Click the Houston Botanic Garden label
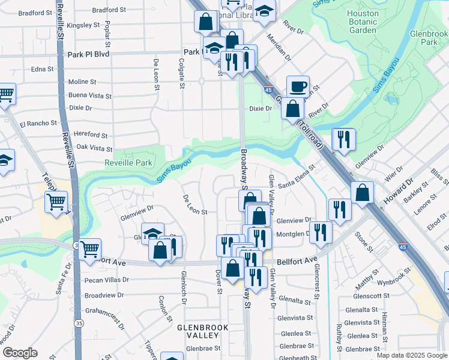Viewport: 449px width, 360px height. tap(363, 22)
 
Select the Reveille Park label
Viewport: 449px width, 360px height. tap(129, 163)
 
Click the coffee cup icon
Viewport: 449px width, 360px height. tap(298, 87)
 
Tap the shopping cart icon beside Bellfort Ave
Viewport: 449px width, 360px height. tap(89, 248)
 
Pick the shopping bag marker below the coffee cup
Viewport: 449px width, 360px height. tap(292, 109)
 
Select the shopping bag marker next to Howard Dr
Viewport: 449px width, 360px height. tap(363, 193)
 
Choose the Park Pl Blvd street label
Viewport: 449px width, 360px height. tap(89, 54)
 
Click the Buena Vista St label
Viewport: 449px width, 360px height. tap(90, 96)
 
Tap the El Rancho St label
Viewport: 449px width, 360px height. tap(38, 124)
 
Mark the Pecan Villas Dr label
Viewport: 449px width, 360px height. tap(106, 280)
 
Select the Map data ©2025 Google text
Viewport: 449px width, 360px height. tap(411, 355)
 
